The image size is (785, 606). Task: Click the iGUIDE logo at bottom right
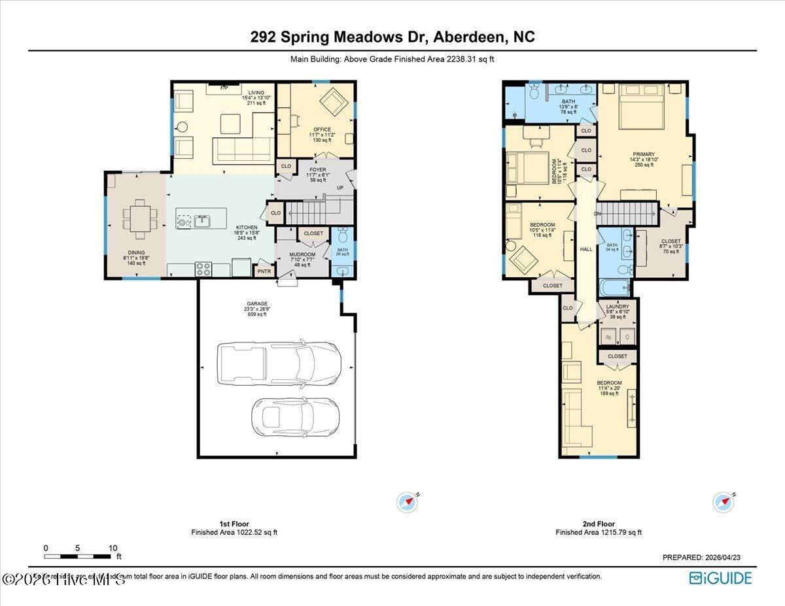click(x=720, y=578)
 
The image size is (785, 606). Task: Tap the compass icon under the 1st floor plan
click(x=407, y=502)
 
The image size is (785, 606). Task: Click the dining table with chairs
click(x=139, y=218)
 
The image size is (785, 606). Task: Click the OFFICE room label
click(x=322, y=129)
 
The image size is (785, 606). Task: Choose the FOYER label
click(x=318, y=170)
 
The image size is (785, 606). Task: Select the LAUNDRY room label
click(x=618, y=306)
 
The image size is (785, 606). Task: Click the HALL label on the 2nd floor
click(x=586, y=249)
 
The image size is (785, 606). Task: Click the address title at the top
click(x=392, y=37)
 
